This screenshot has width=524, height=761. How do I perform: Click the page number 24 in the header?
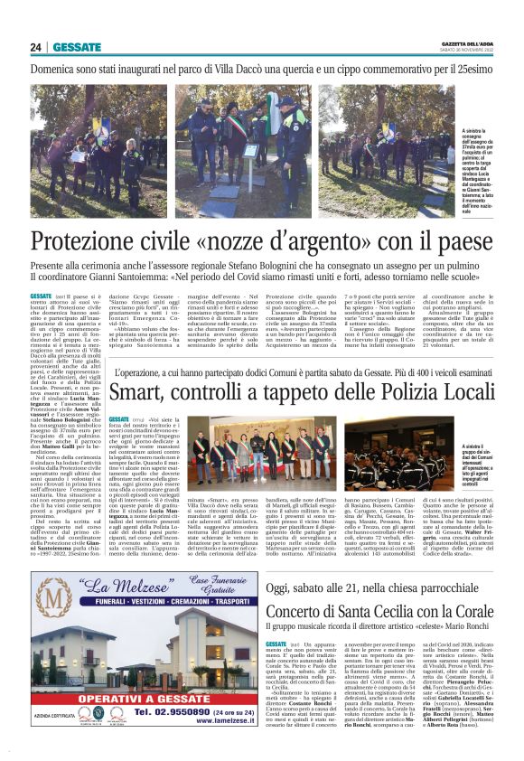click(x=35, y=47)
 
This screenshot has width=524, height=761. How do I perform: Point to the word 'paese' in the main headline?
click(x=456, y=242)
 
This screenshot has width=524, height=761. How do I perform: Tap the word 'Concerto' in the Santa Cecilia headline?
click(x=308, y=584)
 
